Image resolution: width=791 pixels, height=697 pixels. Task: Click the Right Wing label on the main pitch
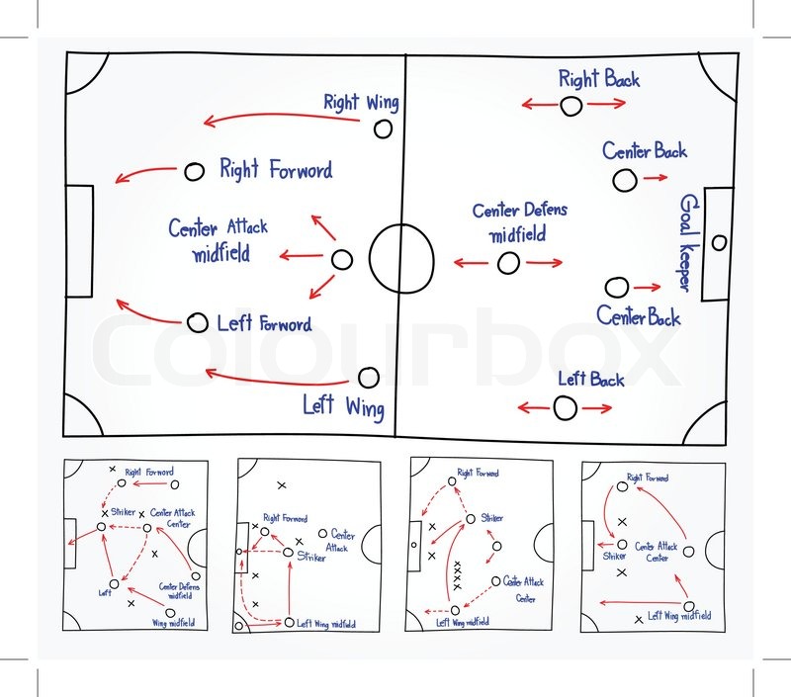click(361, 102)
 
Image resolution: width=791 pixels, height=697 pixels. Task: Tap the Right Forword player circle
click(194, 172)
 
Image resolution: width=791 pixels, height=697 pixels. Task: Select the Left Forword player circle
click(198, 322)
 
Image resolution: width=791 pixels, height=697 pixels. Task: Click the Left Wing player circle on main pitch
click(368, 377)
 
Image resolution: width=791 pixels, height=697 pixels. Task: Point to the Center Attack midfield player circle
click(341, 260)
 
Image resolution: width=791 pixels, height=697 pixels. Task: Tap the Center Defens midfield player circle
click(508, 263)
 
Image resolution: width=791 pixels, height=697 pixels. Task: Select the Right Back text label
click(598, 79)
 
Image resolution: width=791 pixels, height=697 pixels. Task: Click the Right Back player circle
click(571, 105)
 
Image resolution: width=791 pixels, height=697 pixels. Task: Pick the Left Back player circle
click(566, 406)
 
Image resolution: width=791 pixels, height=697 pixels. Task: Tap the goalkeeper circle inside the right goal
click(719, 242)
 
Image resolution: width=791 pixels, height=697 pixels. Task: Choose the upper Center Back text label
click(645, 151)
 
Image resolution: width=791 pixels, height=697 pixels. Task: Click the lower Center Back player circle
click(616, 288)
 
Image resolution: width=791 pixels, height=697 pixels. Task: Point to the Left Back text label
click(591, 379)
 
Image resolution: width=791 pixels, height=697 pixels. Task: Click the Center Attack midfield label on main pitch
click(219, 240)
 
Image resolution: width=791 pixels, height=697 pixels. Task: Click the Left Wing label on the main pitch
click(343, 406)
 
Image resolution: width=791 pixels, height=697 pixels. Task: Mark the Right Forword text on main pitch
click(276, 170)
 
